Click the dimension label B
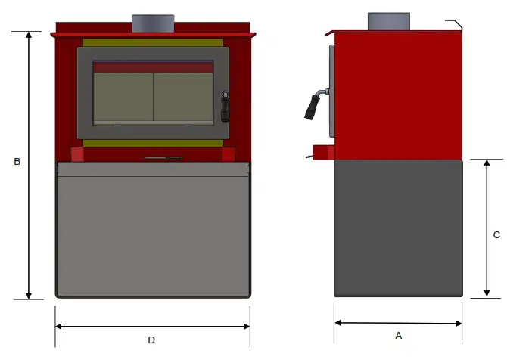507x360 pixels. (17, 162)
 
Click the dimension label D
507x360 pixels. (151, 340)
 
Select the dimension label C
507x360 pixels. (496, 235)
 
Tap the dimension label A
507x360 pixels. (399, 335)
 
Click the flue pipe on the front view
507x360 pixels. (153, 23)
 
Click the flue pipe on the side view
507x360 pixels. (389, 22)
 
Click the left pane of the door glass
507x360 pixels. (123, 98)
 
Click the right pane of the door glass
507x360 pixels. (183, 98)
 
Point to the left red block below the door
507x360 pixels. (77, 154)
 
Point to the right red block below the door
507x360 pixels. (229, 154)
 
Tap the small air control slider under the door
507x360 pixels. (163, 159)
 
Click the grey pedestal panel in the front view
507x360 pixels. (153, 234)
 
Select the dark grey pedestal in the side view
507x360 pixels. (399, 227)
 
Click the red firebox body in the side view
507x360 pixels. (399, 95)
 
